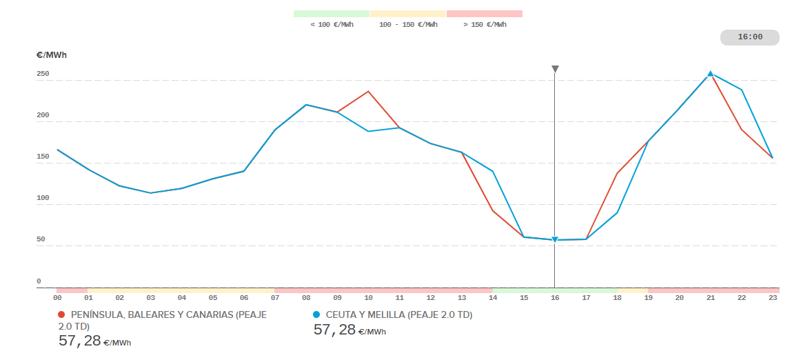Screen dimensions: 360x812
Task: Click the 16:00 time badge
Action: click(x=749, y=37)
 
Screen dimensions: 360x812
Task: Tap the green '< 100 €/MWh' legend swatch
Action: click(x=332, y=14)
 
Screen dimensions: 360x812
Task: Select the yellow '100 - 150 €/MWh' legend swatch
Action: click(x=408, y=14)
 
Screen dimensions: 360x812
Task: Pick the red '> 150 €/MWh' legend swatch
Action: click(x=485, y=14)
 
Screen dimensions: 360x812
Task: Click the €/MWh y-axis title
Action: click(x=52, y=55)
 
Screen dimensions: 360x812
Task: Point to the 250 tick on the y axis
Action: click(x=43, y=74)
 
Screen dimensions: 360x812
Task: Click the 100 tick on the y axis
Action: click(x=43, y=198)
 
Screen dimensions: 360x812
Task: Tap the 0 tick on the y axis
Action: click(x=39, y=281)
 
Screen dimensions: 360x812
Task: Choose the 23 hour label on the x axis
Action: click(x=773, y=298)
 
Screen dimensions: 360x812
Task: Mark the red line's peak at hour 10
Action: click(x=368, y=91)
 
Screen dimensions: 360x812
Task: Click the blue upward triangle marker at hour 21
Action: click(x=710, y=73)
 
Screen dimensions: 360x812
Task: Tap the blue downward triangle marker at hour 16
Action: click(x=555, y=240)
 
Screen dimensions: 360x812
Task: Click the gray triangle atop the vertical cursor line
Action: click(x=555, y=69)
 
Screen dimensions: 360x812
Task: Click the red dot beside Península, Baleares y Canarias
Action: click(x=62, y=314)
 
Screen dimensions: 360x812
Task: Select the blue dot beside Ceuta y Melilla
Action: click(x=317, y=314)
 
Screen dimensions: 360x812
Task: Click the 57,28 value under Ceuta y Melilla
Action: click(x=334, y=330)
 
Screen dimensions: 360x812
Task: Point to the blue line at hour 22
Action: click(x=742, y=90)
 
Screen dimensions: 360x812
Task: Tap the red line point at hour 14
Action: click(x=493, y=210)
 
